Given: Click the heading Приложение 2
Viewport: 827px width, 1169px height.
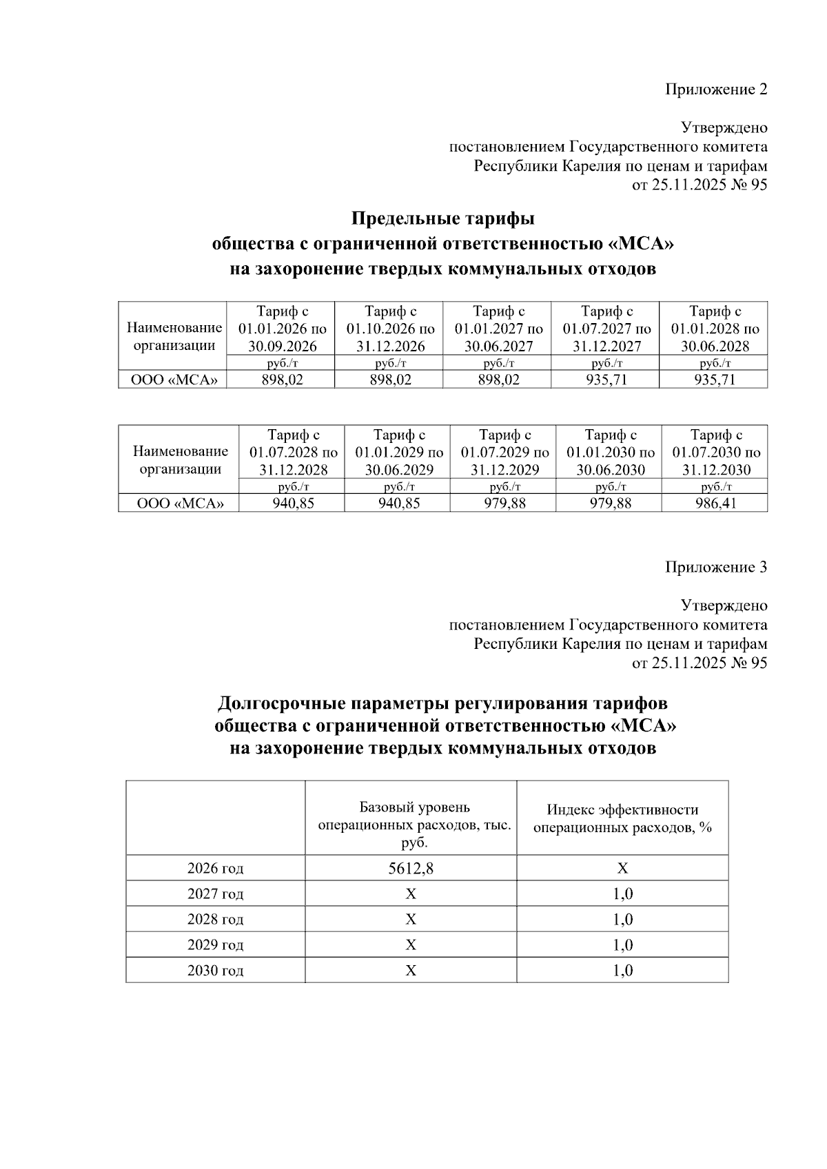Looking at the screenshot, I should point(715,90).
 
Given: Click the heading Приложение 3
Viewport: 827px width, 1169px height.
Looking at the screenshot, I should point(715,568).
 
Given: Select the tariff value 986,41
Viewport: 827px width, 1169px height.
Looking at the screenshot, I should point(715,504).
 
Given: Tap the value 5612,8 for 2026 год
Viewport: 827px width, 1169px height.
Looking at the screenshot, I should point(411,869).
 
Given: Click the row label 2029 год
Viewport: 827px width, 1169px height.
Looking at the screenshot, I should point(215,945).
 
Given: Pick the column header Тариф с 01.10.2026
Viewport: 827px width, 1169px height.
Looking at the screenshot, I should point(390,329).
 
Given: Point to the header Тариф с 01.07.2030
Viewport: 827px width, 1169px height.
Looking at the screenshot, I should point(715,453).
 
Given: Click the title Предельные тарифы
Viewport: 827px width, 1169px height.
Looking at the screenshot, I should point(442,219).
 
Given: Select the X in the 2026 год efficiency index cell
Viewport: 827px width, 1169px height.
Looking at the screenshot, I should point(622,869).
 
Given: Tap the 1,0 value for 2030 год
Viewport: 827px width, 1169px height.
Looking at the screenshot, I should point(622,971).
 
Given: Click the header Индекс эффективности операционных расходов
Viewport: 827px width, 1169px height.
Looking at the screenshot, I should point(622,818).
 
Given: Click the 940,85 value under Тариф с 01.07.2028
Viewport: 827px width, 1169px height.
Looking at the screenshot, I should point(292,504).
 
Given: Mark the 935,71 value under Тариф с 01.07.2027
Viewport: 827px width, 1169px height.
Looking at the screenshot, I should point(606,380).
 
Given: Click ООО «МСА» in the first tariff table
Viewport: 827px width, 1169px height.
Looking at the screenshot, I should point(172,380).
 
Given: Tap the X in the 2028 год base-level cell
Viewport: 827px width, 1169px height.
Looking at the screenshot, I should point(411,920).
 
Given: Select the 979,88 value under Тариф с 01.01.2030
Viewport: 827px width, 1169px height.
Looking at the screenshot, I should point(609,504).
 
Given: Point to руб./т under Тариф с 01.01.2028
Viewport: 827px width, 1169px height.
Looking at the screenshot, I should point(715,362).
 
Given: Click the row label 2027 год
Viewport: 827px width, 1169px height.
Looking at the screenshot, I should point(215,894).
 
